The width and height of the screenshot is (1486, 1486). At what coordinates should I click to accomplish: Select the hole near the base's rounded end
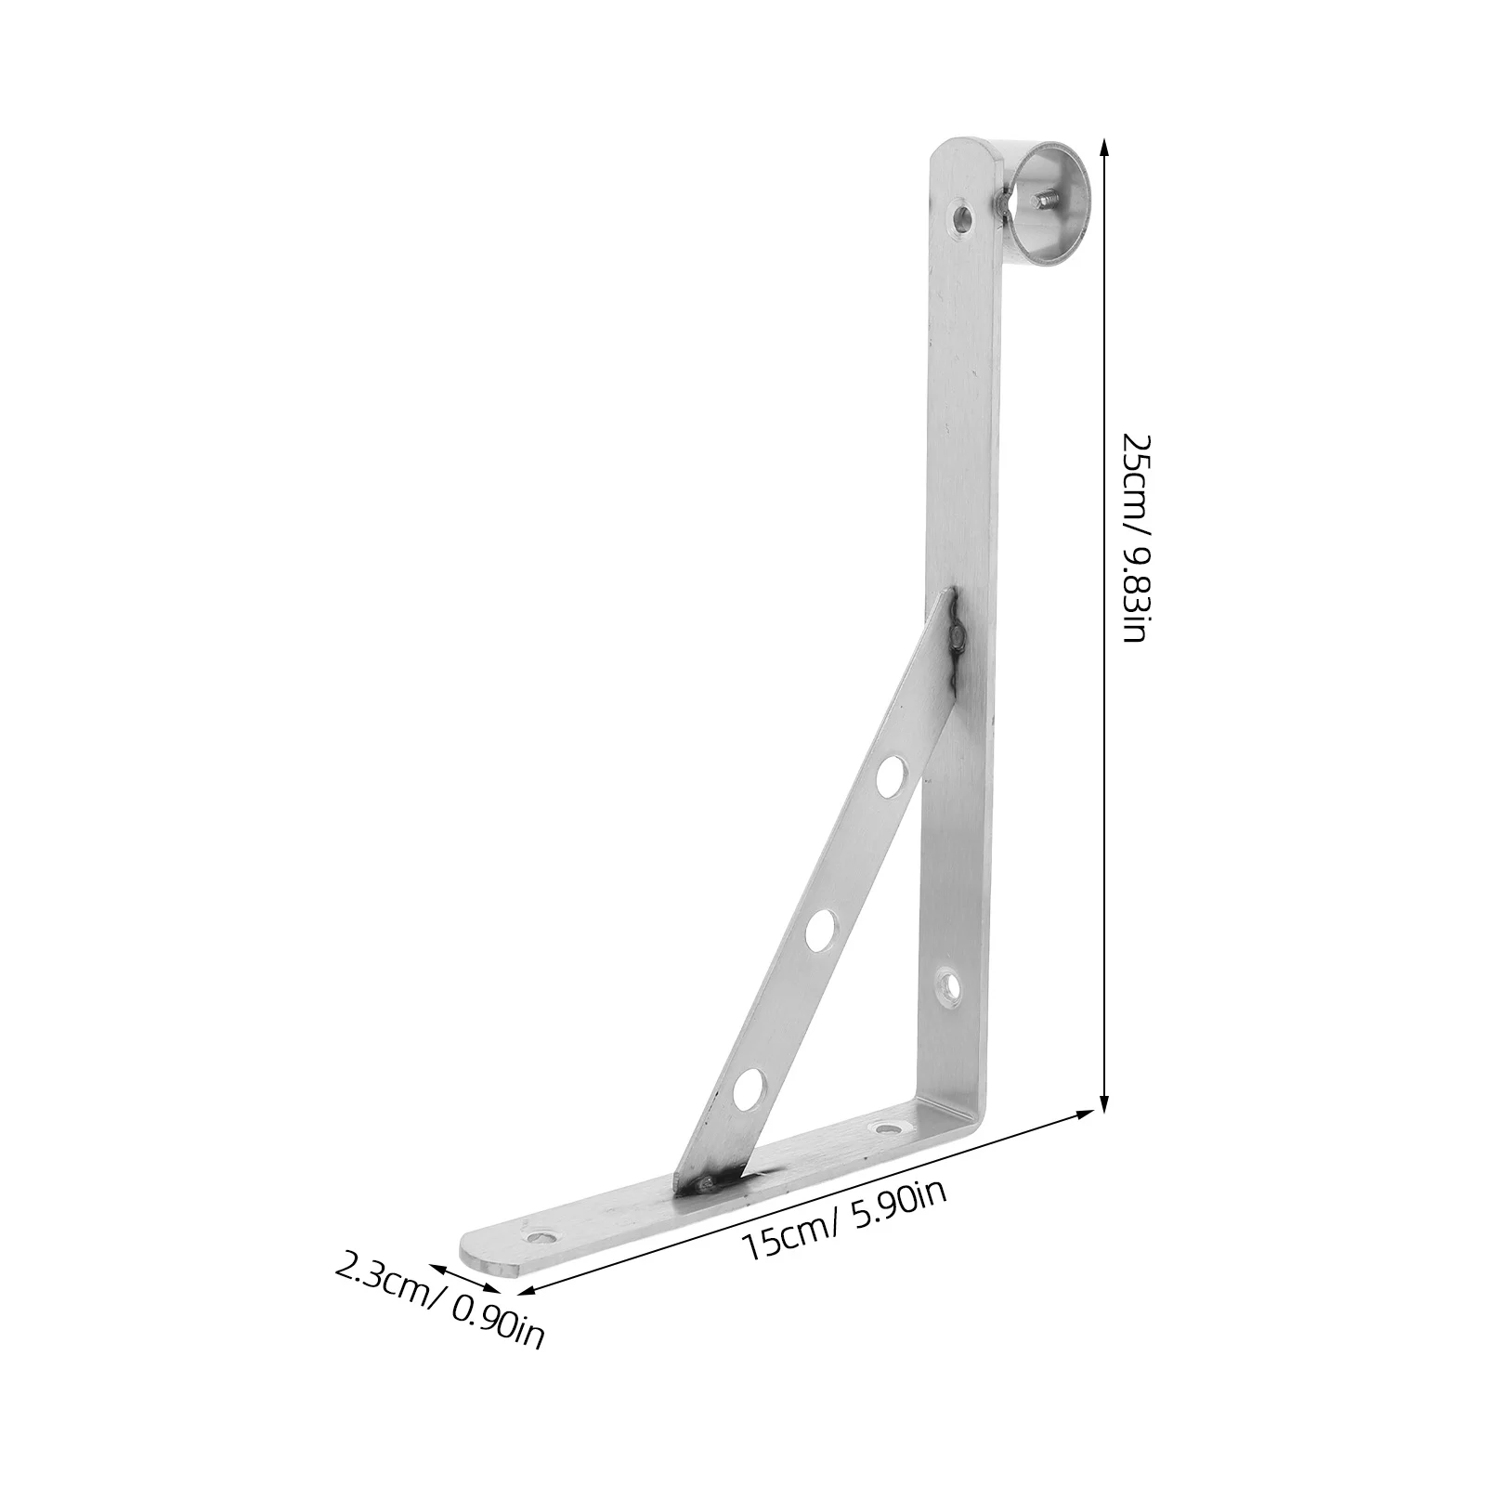pyautogui.click(x=541, y=1237)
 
